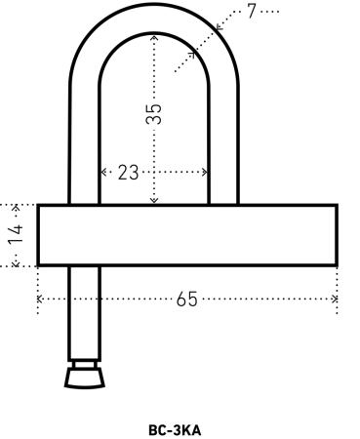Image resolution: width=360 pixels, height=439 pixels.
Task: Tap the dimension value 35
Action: pyautogui.click(x=153, y=113)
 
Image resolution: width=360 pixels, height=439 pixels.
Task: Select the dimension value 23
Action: pyautogui.click(x=128, y=173)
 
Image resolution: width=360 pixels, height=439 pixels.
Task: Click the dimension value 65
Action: pyautogui.click(x=186, y=299)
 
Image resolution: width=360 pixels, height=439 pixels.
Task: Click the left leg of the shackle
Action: pyautogui.click(x=85, y=146)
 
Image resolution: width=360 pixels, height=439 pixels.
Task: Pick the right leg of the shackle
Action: pyautogui.click(x=222, y=146)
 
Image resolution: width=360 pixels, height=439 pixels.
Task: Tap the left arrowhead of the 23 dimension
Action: pyautogui.click(x=103, y=173)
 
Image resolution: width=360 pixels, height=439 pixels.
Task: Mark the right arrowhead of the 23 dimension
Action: pyautogui.click(x=206, y=173)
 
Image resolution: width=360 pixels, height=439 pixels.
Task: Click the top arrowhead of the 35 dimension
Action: pyautogui.click(x=153, y=39)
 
